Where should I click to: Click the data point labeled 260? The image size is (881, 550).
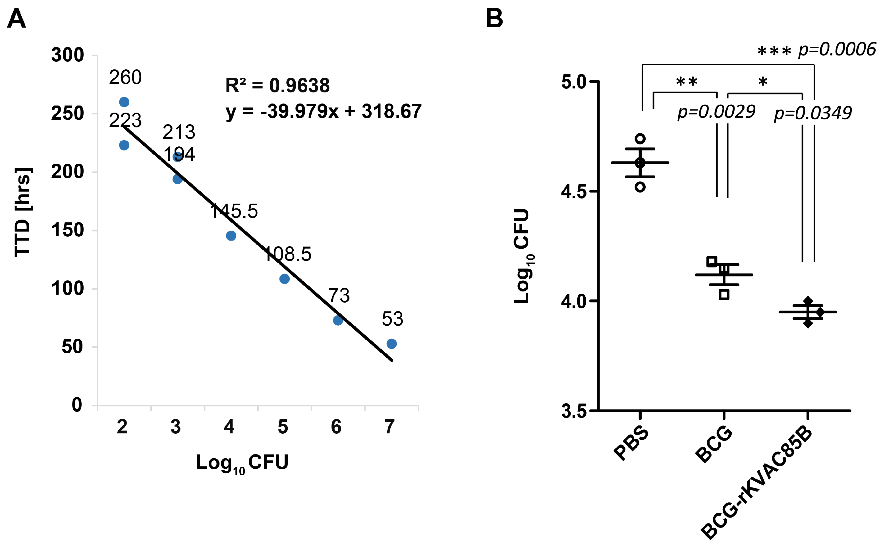click(124, 102)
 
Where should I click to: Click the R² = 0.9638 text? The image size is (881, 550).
click(277, 86)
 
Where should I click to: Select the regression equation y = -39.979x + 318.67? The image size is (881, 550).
click(323, 111)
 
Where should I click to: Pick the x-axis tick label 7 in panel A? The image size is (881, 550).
click(389, 427)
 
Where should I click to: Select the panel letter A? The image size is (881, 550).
click(16, 19)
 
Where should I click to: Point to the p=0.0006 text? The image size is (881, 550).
click(837, 49)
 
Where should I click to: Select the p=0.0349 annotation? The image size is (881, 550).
click(813, 113)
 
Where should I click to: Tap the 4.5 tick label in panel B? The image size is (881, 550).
click(573, 192)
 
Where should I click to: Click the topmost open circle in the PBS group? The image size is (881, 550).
click(640, 138)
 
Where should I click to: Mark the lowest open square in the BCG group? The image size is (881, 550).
click(724, 295)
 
